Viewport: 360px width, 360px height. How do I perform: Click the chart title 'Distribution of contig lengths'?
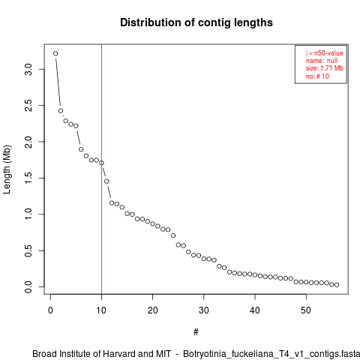[196, 22]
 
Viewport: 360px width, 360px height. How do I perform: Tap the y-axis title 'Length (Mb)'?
[7, 169]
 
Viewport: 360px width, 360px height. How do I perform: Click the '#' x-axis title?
[196, 332]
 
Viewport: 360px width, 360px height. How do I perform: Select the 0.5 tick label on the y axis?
[28, 250]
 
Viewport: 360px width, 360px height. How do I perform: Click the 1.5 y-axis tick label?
[28, 178]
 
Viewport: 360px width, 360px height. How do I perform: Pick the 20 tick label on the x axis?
[152, 310]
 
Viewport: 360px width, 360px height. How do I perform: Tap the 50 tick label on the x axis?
[306, 310]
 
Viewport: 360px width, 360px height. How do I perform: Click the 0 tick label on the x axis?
[50, 310]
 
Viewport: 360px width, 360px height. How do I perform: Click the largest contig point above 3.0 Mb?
[55, 53]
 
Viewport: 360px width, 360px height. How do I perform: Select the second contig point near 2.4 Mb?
[61, 111]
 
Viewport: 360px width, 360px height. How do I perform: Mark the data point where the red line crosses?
[101, 163]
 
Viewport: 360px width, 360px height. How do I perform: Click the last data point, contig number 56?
[337, 285]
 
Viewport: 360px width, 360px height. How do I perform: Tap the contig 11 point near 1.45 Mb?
[106, 181]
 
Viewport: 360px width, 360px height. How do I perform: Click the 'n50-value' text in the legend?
[328, 53]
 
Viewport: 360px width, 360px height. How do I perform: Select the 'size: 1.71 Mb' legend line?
[325, 68]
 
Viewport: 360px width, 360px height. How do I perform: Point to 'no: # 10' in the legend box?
[317, 76]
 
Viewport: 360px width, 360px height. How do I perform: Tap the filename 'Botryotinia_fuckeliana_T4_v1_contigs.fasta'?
[271, 354]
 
